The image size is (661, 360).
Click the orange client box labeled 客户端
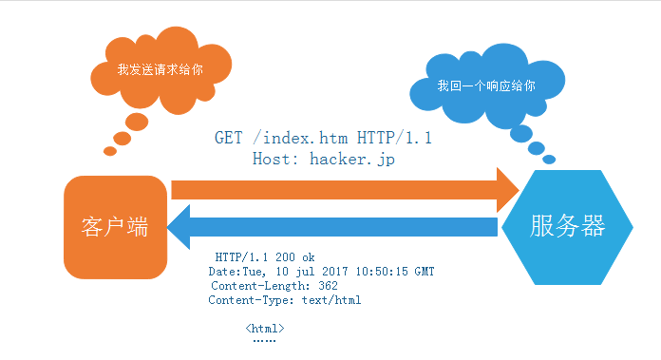coord(113,229)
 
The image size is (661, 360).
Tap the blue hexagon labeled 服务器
coord(567,227)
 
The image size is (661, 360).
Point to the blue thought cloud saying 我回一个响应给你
coord(484,86)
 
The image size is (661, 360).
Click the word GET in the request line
coord(228,139)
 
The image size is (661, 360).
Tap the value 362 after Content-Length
coord(328,286)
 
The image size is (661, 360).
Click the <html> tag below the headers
coord(264,329)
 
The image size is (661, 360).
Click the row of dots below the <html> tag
coord(264,340)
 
